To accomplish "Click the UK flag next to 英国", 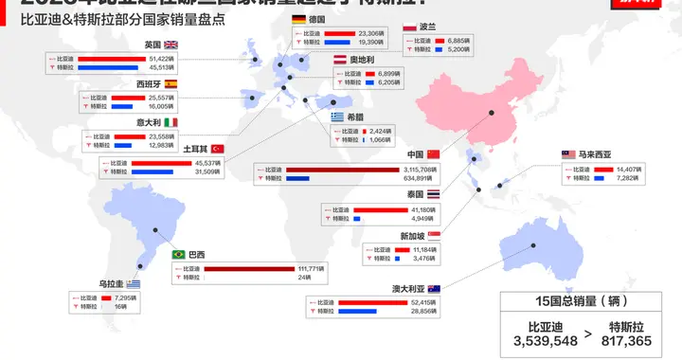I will pos(171,45).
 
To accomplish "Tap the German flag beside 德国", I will pos(298,19).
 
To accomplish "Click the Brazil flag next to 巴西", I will pos(178,254).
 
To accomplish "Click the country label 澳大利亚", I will pos(409,288).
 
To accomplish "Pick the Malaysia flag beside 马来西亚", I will pos(568,153).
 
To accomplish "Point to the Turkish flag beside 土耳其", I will pos(217,148).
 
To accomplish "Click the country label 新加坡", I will pos(412,236).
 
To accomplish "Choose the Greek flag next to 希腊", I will pos(338,117).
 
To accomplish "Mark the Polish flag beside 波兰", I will pos(409,28).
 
